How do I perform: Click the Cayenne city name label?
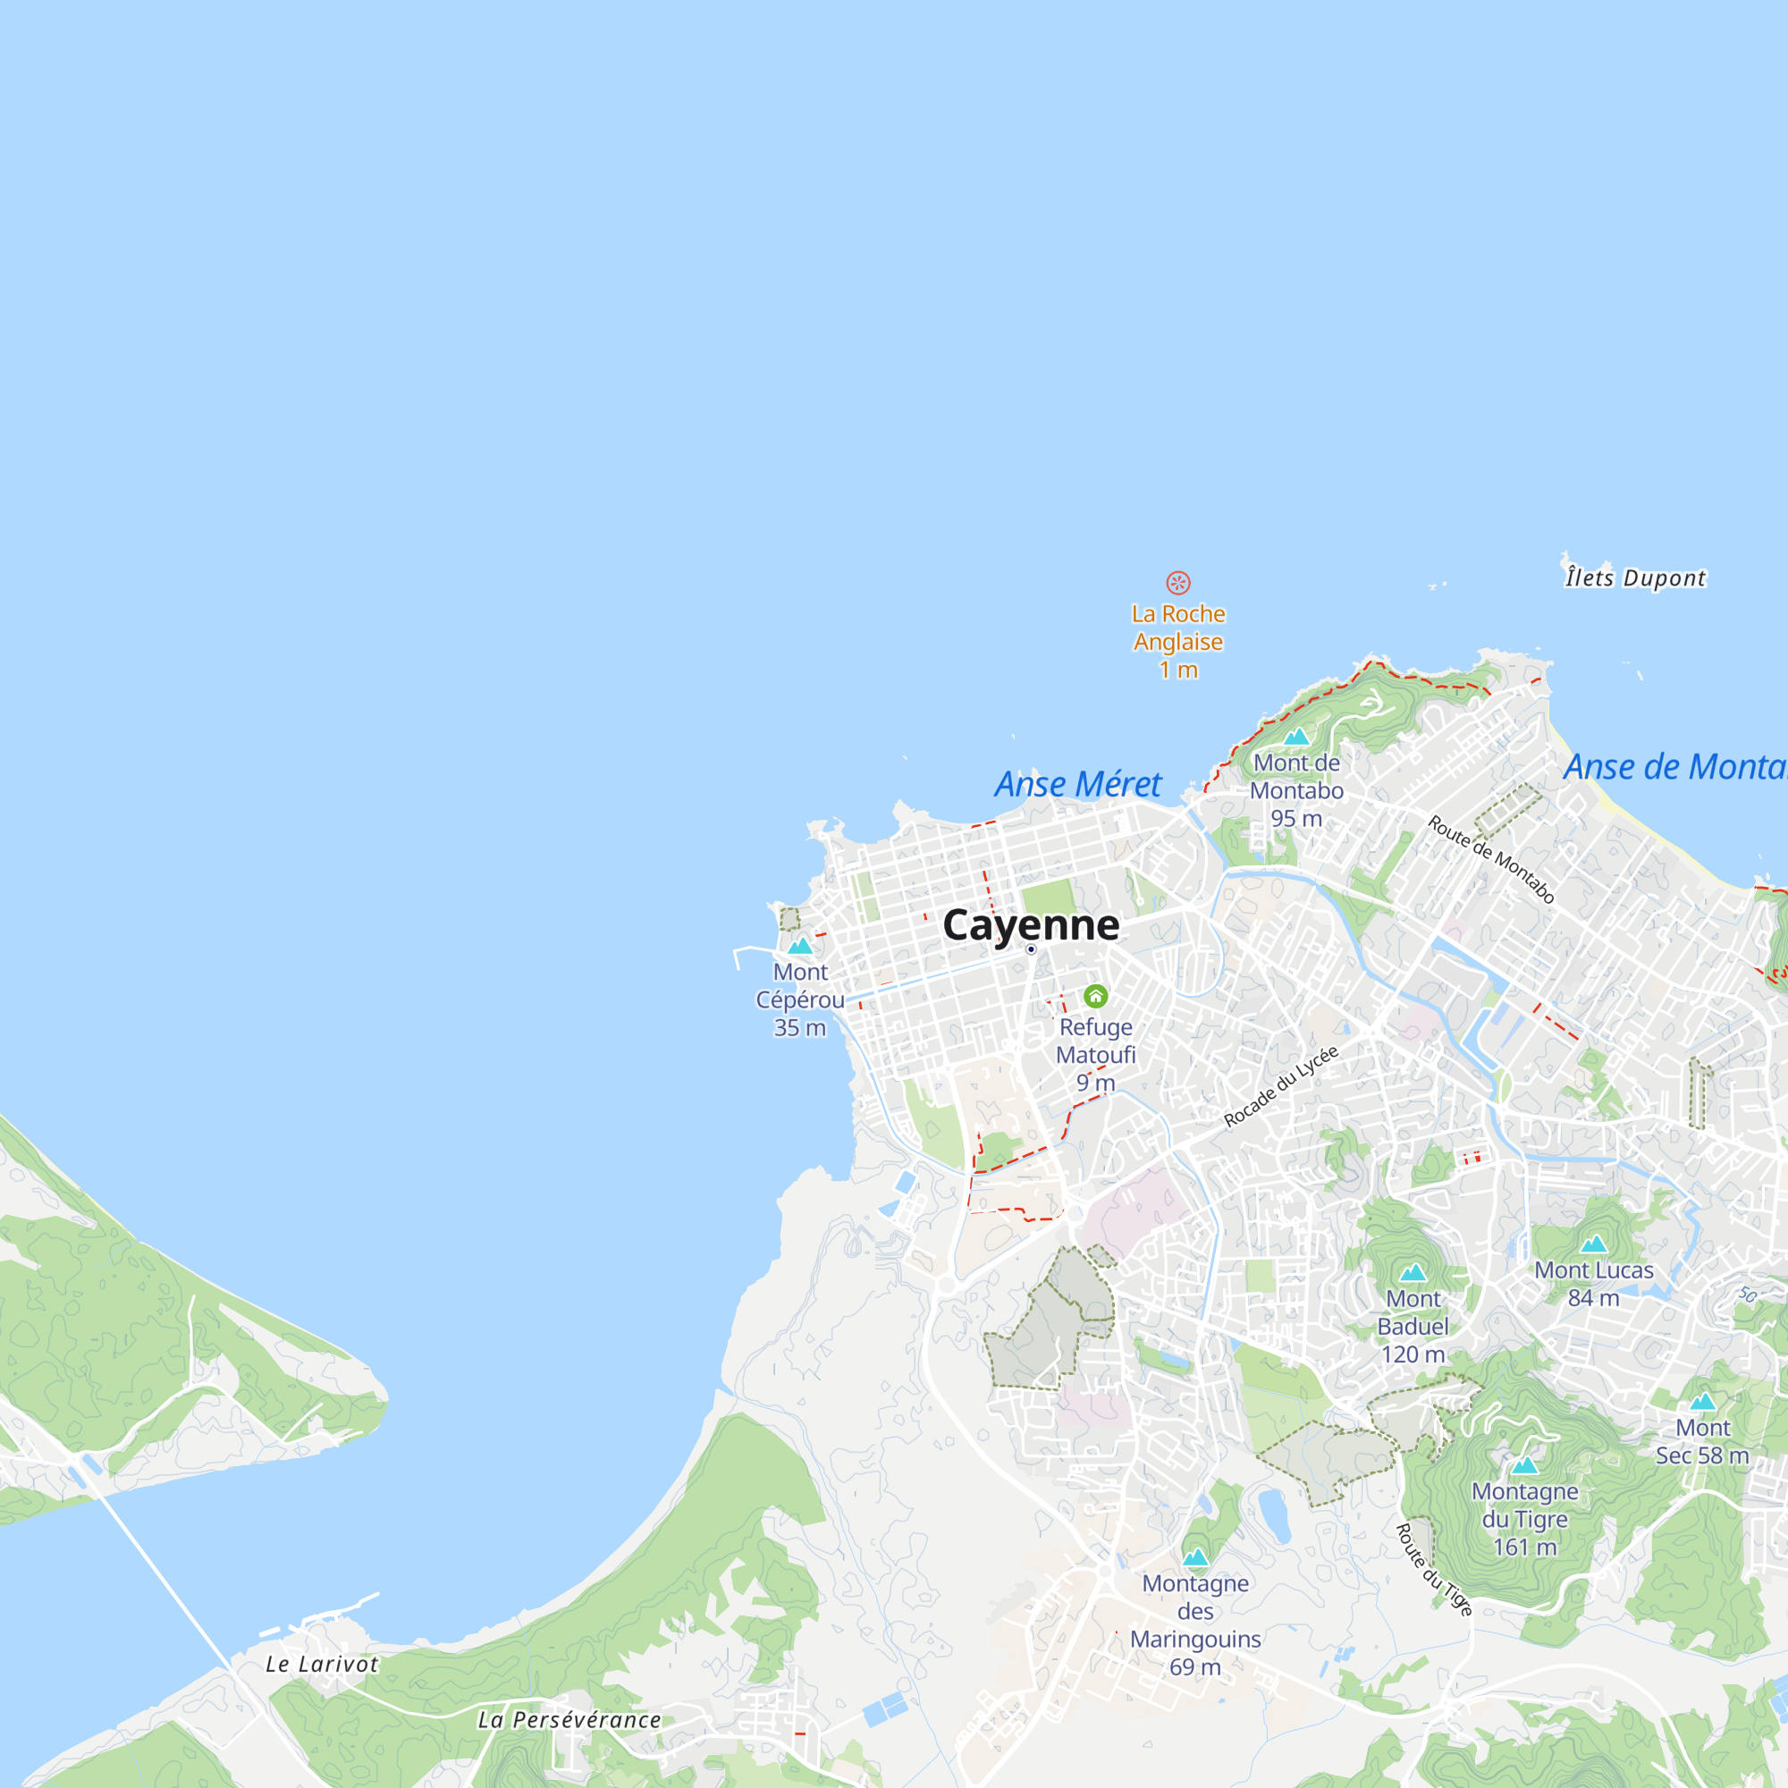pyautogui.click(x=1030, y=924)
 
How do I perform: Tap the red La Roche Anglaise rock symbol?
pyautogui.click(x=1177, y=582)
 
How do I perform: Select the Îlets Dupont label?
pyautogui.click(x=1634, y=578)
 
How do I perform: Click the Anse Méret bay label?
pyautogui.click(x=1077, y=784)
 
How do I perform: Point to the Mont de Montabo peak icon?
pyautogui.click(x=1295, y=737)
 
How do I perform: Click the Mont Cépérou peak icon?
pyautogui.click(x=799, y=945)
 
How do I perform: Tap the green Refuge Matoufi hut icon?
pyautogui.click(x=1096, y=996)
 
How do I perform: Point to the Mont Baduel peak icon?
pyautogui.click(x=1413, y=1272)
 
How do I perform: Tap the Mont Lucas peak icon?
pyautogui.click(x=1594, y=1244)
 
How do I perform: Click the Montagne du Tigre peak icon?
pyautogui.click(x=1524, y=1466)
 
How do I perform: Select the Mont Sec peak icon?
pyautogui.click(x=1703, y=1401)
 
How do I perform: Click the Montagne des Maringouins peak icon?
pyautogui.click(x=1195, y=1557)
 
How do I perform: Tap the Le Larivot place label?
pyautogui.click(x=321, y=1664)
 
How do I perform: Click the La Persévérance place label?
pyautogui.click(x=569, y=1719)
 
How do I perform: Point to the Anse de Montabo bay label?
pyautogui.click(x=1675, y=767)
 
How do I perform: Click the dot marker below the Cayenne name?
pyautogui.click(x=1031, y=949)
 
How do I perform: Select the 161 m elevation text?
pyautogui.click(x=1524, y=1547)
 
